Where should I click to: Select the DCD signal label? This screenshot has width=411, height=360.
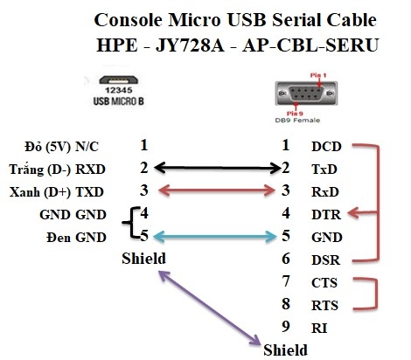326,145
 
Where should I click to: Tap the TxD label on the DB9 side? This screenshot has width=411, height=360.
325,168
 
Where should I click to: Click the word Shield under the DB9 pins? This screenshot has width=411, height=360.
285,350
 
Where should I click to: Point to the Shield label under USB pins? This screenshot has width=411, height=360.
143,259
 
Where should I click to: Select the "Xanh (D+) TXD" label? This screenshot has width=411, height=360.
63,190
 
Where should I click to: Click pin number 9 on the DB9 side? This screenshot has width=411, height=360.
285,327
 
